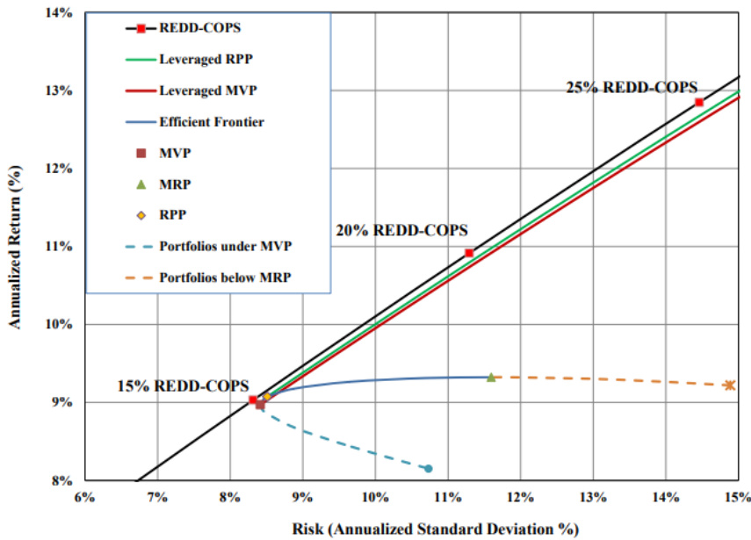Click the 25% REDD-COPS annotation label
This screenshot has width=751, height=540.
632,87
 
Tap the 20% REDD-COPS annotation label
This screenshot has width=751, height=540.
402,230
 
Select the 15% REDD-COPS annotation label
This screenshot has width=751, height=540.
184,385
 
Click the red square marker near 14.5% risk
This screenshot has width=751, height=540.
699,103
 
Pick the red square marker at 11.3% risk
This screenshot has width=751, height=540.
469,253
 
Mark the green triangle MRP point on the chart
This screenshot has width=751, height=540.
491,377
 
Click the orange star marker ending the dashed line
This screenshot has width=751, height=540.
729,385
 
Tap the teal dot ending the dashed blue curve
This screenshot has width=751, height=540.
428,469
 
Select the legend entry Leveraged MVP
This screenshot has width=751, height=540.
201,90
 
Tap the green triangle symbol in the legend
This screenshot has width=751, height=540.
141,184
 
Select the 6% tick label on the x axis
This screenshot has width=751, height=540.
84,499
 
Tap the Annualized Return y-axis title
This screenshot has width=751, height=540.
15,247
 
